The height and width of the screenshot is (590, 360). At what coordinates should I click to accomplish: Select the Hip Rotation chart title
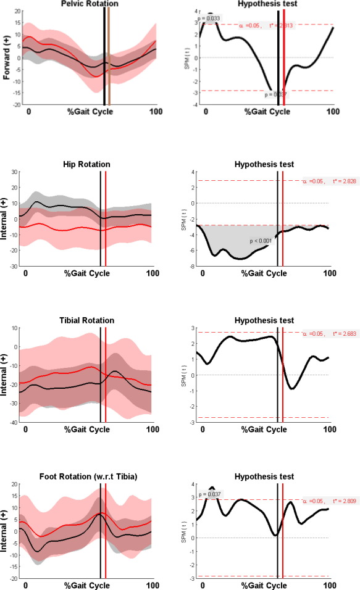[x=86, y=165]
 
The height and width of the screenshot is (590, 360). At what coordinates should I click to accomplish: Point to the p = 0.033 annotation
[x=209, y=19]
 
